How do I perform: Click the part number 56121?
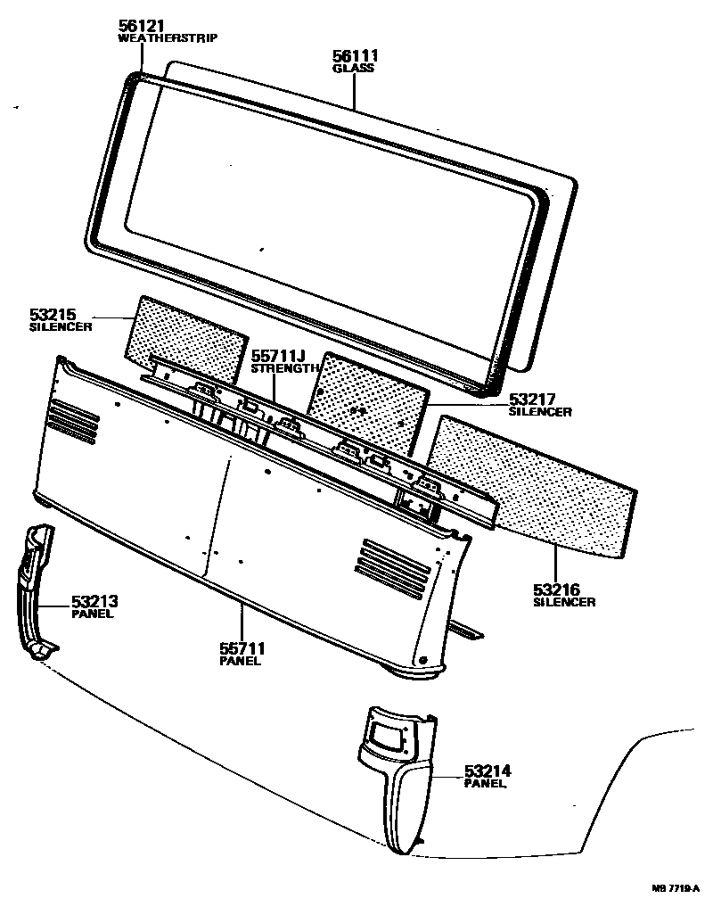click(142, 26)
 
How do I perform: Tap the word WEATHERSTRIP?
click(168, 39)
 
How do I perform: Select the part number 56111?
click(354, 55)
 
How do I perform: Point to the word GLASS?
click(353, 68)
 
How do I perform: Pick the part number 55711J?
click(279, 355)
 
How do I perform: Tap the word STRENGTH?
click(284, 368)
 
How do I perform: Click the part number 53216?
click(558, 589)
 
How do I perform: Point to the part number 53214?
click(488, 770)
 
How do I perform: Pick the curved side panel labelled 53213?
click(33, 589)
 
